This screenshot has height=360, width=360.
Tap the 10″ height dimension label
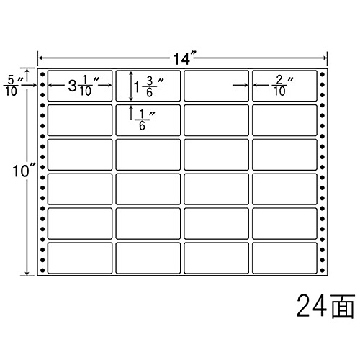(24, 171)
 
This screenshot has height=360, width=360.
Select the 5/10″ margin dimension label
(12, 86)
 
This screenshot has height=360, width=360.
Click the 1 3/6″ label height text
(148, 87)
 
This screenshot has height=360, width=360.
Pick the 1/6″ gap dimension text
(145, 120)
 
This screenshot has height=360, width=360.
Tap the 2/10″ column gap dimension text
(283, 86)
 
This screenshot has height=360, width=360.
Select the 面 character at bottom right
(343, 307)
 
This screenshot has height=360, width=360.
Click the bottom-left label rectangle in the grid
(80, 258)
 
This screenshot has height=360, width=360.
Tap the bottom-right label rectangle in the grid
(284, 258)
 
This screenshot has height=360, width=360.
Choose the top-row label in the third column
(216, 86)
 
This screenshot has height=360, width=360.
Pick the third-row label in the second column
(148, 155)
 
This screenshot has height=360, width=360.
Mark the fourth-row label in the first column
(80, 189)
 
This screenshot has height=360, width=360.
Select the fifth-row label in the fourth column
(284, 223)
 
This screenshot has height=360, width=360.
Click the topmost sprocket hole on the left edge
(42, 74)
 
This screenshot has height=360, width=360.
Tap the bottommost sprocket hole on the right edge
(323, 271)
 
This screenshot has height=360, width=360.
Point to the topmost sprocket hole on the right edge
(323, 74)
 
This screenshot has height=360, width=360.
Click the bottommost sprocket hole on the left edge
(42, 271)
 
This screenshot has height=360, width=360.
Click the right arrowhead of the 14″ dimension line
(325, 58)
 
